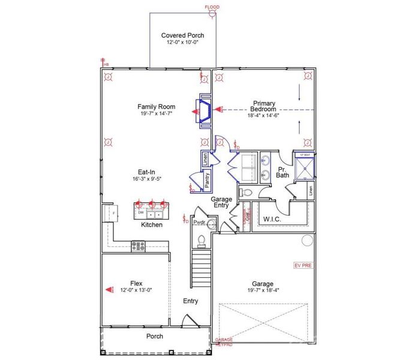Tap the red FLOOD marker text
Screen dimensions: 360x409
tap(212, 7)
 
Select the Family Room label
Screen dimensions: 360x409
tap(156, 107)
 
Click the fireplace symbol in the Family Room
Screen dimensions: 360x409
tap(202, 112)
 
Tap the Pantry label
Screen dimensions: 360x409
tap(207, 181)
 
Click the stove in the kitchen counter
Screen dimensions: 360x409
tap(139, 245)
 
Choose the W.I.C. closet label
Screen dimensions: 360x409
tap(272, 220)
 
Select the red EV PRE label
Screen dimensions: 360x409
tap(302, 265)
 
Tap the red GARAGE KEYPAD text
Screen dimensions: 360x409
tap(224, 343)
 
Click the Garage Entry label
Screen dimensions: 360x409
tap(223, 202)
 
